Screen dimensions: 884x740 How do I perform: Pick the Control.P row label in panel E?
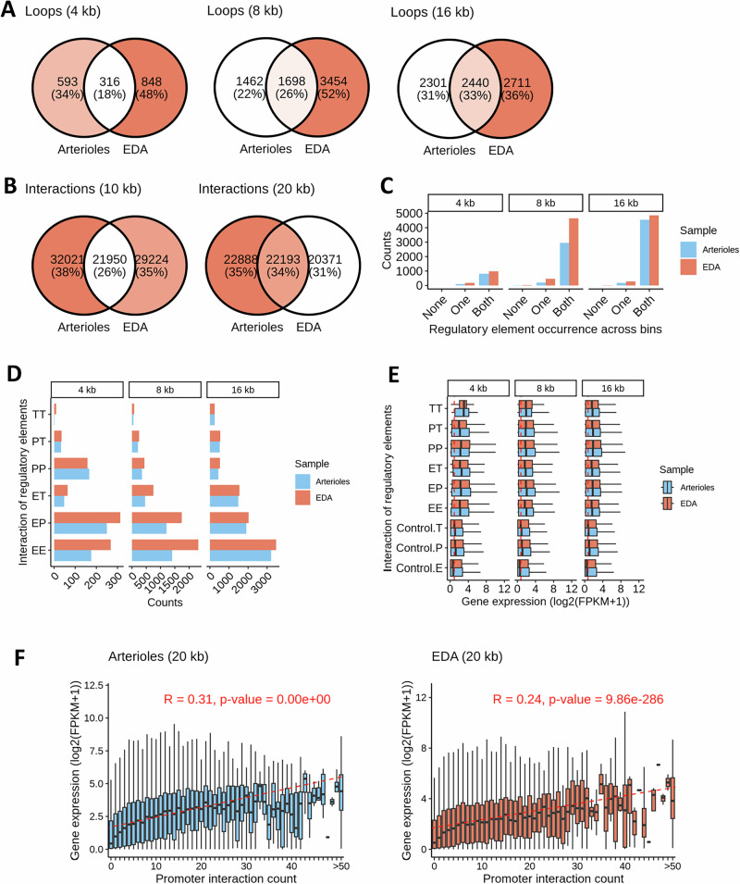pos(426,545)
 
